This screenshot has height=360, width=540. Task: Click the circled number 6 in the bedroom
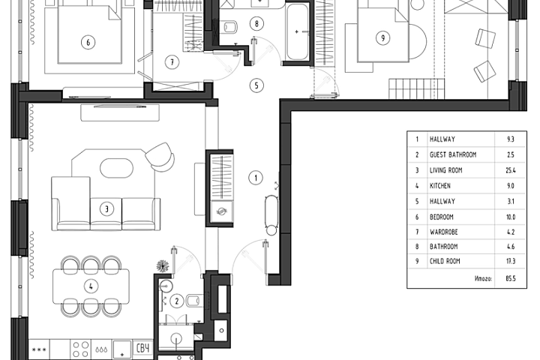click(x=88, y=42)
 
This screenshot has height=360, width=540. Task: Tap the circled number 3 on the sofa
click(x=106, y=208)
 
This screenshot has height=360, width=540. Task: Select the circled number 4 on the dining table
click(x=91, y=286)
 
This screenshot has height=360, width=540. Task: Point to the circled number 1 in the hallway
click(x=256, y=178)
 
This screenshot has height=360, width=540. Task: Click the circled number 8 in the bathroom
click(x=256, y=24)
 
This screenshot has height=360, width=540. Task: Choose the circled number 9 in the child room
click(x=383, y=37)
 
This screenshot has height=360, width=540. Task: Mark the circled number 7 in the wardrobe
click(x=172, y=62)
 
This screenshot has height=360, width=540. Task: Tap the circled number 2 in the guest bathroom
click(x=177, y=301)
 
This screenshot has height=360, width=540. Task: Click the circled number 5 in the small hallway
click(x=256, y=85)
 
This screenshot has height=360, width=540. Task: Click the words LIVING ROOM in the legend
click(x=446, y=170)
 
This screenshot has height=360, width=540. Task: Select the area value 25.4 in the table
click(x=511, y=170)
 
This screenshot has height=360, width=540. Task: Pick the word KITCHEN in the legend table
click(x=440, y=186)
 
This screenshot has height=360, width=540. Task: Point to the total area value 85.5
click(x=511, y=278)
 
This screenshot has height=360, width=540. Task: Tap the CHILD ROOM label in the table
click(x=445, y=261)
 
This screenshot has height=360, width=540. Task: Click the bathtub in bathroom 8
click(x=297, y=31)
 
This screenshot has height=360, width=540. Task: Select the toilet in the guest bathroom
click(x=194, y=301)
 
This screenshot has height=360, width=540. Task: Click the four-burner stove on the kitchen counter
click(x=81, y=349)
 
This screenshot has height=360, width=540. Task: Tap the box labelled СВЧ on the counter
click(x=143, y=349)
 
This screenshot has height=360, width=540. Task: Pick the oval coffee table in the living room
click(x=116, y=168)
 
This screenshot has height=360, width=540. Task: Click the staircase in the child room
click(x=417, y=89)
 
